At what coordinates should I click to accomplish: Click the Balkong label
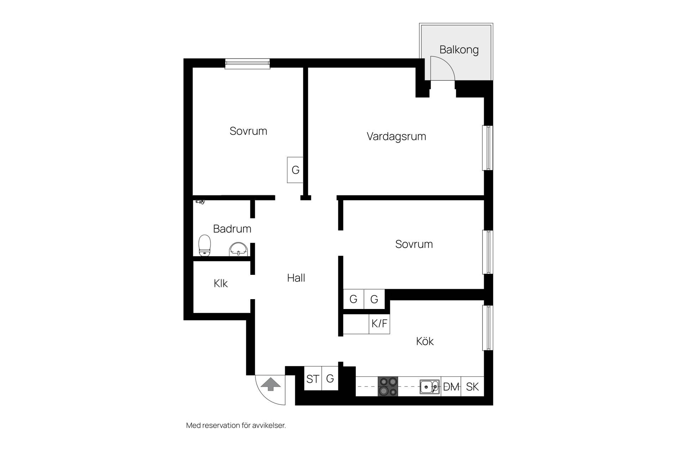coord(459,50)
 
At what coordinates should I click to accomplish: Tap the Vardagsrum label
coord(396,136)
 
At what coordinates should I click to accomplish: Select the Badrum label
coord(232,229)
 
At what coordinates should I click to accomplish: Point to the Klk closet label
coord(221,283)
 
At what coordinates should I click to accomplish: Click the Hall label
coord(296,278)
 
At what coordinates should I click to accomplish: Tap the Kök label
coord(425,341)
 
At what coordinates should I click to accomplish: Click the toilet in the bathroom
coord(205,245)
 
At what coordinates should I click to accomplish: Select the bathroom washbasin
coord(239,249)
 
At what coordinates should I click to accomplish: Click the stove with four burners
coord(388,387)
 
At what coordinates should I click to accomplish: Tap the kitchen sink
coord(430,387)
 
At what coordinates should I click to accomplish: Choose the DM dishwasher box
coord(451,387)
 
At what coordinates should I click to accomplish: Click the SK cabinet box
coord(472,387)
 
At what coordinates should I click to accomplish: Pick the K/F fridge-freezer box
coord(379,323)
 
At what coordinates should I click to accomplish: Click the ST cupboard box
coord(313,379)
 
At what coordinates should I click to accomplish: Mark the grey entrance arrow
coord(270,384)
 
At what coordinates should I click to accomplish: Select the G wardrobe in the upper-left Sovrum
coord(295,170)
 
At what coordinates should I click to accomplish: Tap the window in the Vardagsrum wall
coord(487,148)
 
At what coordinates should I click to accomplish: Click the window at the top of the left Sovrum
coord(248,64)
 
